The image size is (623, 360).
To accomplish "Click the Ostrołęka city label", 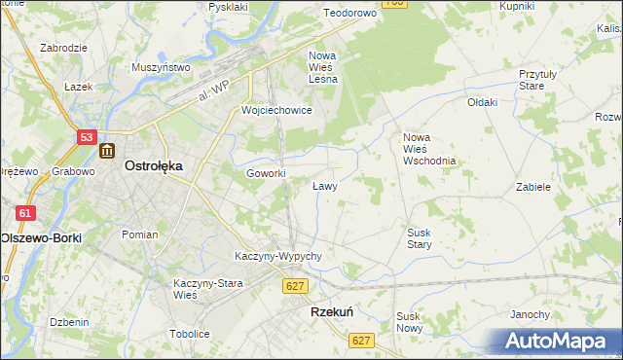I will tap(154, 166).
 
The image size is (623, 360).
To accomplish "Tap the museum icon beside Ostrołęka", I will tap(107, 152).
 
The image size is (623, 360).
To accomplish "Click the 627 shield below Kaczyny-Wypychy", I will tap(297, 285).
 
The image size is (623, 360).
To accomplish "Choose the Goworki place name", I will tap(266, 173).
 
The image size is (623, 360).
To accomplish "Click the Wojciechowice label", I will tap(276, 110).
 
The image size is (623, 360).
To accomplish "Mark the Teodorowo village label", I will tap(349, 14).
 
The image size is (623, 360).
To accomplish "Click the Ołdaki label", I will tap(482, 102).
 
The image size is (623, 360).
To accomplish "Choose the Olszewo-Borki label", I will tap(41, 237).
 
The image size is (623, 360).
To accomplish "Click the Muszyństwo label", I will tap(160, 68).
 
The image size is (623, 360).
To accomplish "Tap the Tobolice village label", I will tap(189, 334).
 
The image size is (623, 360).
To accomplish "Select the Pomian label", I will tap(139, 234).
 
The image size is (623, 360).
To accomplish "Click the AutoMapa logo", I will tap(560, 341).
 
